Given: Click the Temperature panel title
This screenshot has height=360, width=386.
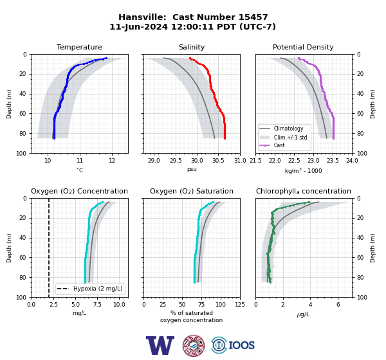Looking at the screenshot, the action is coord(79,47).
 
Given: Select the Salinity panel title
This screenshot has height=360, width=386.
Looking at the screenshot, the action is coord(192,47).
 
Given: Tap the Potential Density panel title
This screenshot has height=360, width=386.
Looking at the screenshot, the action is coord(303,47).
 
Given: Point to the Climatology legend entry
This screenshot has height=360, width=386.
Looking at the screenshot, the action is coord(288,129).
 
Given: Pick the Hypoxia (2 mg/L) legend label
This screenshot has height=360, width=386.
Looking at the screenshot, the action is coord(98,289).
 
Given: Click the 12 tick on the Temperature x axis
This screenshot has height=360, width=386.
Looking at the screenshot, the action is coord(112,161).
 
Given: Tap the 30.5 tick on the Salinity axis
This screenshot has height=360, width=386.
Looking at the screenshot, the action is coord(218,161).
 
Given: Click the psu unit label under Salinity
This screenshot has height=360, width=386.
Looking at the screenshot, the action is coord(192,169).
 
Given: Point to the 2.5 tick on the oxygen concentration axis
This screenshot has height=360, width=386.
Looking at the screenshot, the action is coord(53,305).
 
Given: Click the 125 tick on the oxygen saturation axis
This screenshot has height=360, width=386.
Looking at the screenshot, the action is coord(240,305).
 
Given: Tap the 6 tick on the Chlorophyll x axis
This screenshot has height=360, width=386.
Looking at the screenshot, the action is coord(338,305).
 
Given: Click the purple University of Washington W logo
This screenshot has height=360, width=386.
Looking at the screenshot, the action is coord(160,345).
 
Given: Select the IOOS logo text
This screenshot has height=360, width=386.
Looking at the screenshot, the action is coord(241,345).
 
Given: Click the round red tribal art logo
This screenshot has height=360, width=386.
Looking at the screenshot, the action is coord(194,345).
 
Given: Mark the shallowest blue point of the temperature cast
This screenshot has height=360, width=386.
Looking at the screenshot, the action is coord(106,58).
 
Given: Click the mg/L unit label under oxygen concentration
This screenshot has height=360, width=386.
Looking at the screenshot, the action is coord(79,313).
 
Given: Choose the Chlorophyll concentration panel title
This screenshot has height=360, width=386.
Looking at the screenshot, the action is coord(303,191).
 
